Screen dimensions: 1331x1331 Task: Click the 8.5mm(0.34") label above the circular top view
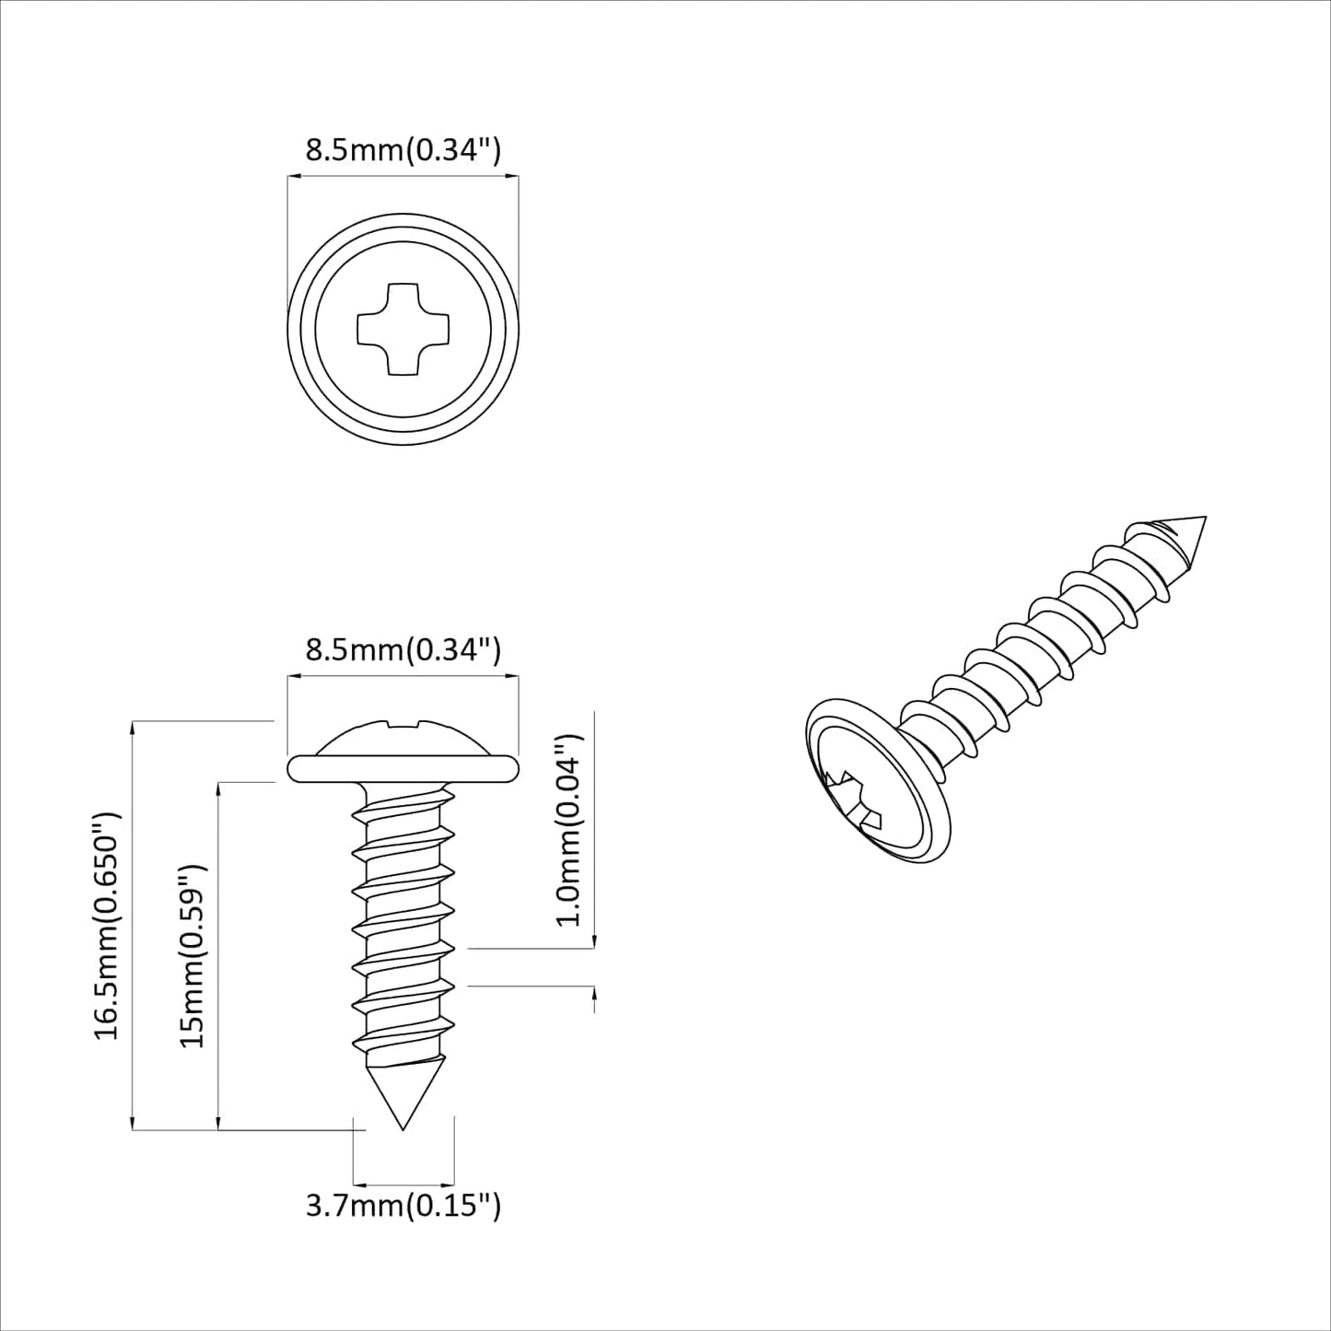pyautogui.click(x=403, y=150)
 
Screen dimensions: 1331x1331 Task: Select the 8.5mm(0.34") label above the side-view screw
pyautogui.click(x=403, y=650)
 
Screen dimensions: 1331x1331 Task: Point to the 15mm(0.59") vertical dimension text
pyautogui.click(x=191, y=955)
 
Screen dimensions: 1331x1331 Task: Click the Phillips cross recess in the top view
pyautogui.click(x=403, y=329)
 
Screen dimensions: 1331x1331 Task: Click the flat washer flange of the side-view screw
pyautogui.click(x=403, y=768)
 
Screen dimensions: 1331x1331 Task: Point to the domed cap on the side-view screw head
pyautogui.click(x=403, y=738)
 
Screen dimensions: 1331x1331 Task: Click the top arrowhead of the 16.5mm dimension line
pyautogui.click(x=134, y=727)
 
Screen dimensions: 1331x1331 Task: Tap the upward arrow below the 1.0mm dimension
pyautogui.click(x=594, y=996)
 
